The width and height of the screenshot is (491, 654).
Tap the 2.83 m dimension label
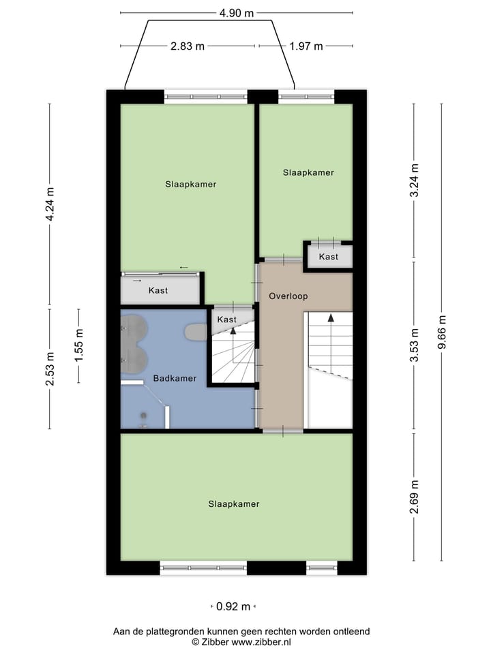tap(188, 46)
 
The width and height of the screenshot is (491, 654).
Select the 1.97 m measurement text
tap(306, 46)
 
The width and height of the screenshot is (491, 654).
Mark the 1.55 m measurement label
tap(79, 345)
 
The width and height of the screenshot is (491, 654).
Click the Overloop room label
tap(288, 296)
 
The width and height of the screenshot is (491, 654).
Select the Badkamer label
tap(175, 378)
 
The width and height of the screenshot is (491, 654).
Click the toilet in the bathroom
tap(196, 332)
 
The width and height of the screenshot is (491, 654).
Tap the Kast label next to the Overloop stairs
tap(226, 319)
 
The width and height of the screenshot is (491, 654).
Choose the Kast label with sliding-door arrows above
tap(158, 291)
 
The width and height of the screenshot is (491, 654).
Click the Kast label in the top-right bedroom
tap(329, 257)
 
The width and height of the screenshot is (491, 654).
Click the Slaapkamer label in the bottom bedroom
tap(234, 504)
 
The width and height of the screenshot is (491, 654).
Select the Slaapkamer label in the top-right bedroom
tap(308, 172)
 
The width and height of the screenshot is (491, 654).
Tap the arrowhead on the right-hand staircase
tap(330, 317)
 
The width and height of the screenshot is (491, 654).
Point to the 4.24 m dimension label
tap(50, 204)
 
